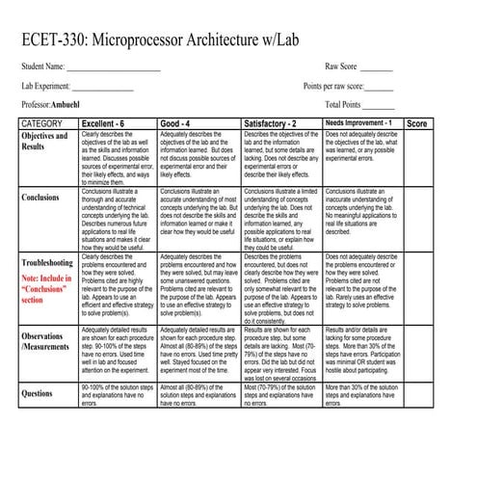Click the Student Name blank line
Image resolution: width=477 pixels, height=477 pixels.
(114, 68)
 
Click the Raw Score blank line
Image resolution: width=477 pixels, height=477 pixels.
(376, 68)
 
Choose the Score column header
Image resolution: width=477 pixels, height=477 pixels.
(418, 123)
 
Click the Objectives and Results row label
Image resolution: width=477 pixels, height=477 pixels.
(44, 142)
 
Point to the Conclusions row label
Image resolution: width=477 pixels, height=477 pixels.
(44, 198)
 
